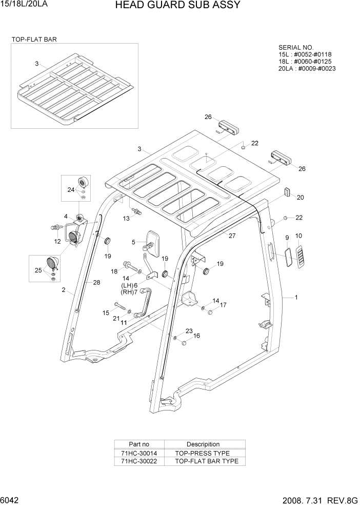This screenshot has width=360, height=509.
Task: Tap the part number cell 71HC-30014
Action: (x=139, y=453)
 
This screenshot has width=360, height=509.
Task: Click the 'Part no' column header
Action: (x=139, y=444)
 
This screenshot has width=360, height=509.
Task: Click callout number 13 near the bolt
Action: (x=126, y=219)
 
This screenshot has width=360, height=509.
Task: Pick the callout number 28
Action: (x=96, y=282)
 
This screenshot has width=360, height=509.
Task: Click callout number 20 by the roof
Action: (x=301, y=197)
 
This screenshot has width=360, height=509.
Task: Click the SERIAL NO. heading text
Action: (x=295, y=47)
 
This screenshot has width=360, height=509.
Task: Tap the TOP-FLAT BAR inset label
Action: (x=34, y=39)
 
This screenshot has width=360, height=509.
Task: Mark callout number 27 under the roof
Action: (x=232, y=236)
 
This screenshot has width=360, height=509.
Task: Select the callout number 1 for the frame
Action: (x=296, y=297)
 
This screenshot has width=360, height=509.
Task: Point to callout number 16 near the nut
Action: (x=196, y=336)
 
